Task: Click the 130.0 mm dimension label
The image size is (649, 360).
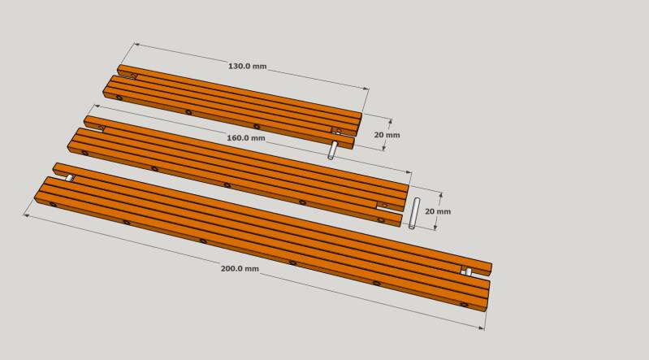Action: pos(247,67)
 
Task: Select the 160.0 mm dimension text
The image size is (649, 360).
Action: pos(246,138)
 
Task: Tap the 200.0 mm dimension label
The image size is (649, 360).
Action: pos(240,268)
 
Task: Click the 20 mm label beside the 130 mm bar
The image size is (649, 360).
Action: pos(387,135)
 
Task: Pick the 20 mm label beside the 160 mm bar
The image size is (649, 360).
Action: pos(438,211)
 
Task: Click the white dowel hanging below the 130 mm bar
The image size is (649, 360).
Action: pos(331,150)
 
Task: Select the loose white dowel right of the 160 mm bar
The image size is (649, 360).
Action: pos(414,214)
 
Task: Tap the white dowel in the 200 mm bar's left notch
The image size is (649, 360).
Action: pos(70,178)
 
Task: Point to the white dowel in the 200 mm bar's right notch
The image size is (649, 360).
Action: pos(468,271)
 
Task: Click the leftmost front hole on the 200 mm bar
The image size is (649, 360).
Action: pos(53,204)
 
